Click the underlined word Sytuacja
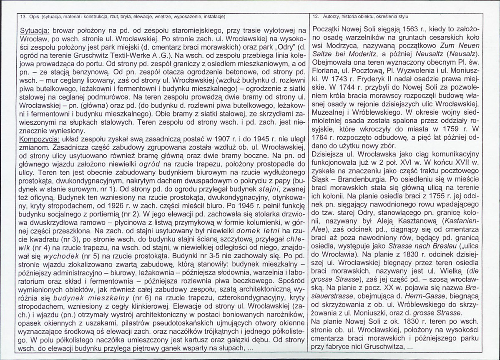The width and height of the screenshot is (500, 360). click(x=35, y=31)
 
